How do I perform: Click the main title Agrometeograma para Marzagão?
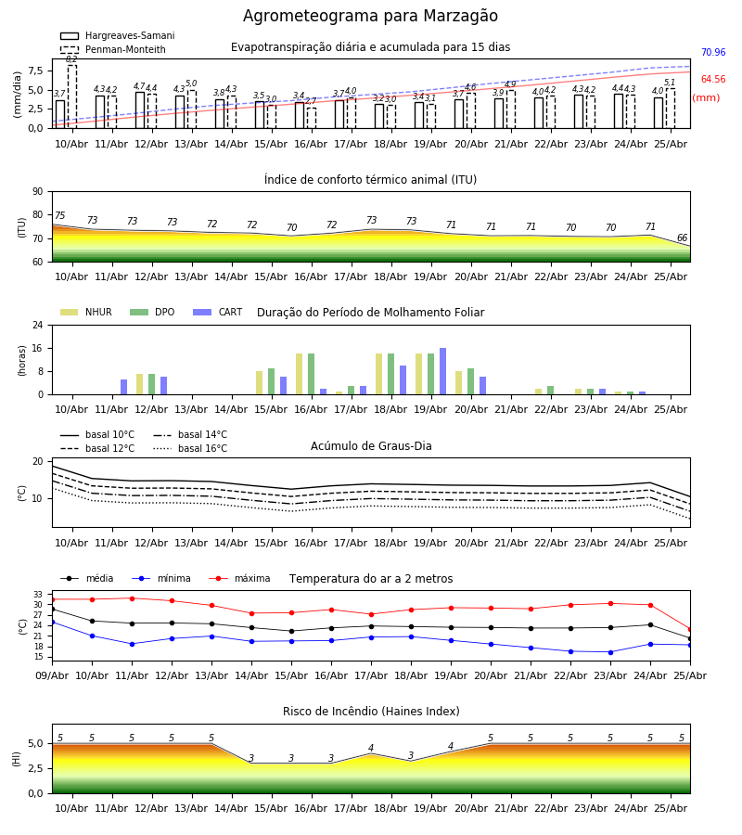tap(370, 16)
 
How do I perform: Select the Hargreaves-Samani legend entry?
tap(117, 35)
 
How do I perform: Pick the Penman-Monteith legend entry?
tap(113, 49)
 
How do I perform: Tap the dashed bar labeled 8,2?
tap(71, 96)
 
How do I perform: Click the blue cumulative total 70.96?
tap(713, 52)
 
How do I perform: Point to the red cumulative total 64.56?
tap(713, 80)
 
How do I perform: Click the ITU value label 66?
tap(682, 238)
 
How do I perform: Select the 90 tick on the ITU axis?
tap(38, 192)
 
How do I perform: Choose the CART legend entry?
tap(217, 312)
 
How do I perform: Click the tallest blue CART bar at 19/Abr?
tap(442, 371)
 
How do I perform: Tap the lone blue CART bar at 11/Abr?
tap(123, 387)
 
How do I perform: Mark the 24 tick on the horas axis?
tap(38, 325)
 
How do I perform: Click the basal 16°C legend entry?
tap(190, 448)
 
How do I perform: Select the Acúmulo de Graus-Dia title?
tap(371, 445)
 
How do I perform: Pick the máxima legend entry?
tap(239, 578)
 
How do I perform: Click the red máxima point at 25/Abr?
tap(690, 629)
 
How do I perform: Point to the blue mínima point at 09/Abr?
tap(52, 622)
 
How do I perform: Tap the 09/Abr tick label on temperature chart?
tap(52, 675)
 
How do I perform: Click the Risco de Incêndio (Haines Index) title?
tap(371, 711)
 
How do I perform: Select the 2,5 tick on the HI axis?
tap(36, 768)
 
